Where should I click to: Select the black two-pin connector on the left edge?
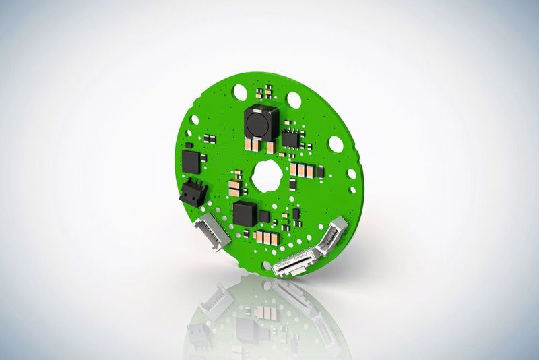click(192, 191)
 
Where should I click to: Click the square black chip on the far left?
click(193, 160)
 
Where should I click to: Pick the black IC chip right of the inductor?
click(290, 139)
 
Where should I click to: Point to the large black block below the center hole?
click(245, 214)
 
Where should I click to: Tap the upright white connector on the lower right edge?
click(333, 237)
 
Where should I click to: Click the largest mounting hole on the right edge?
click(335, 143)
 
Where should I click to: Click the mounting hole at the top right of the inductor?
click(294, 99)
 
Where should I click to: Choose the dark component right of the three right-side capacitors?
click(320, 173)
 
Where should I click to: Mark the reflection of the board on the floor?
click(269, 317)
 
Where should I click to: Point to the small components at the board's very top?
click(265, 89)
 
